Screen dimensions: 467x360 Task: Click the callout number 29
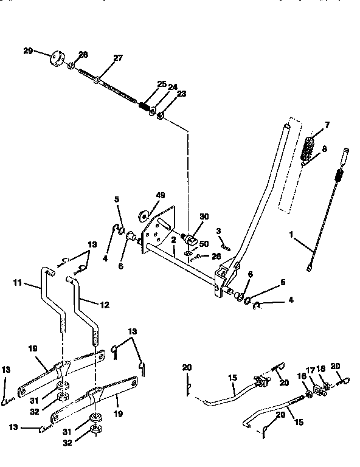click(28, 51)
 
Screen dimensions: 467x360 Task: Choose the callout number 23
click(181, 95)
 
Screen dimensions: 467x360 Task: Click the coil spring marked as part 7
click(310, 147)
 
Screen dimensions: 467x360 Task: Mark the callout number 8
click(324, 148)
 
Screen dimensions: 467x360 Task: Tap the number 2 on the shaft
click(173, 241)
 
